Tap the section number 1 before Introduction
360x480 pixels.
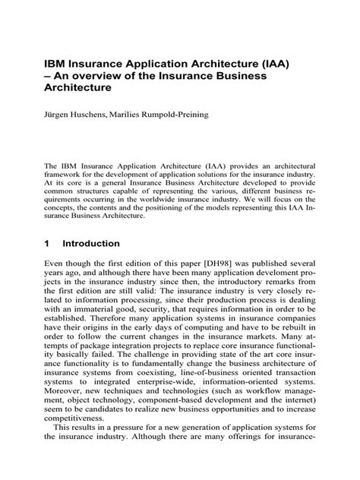48,244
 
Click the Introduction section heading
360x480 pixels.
91,244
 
